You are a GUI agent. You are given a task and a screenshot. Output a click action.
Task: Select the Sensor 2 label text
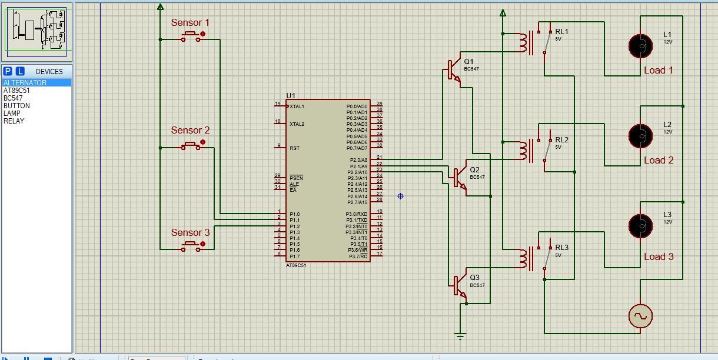pos(190,130)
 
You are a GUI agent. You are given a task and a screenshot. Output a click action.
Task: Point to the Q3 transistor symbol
pos(460,285)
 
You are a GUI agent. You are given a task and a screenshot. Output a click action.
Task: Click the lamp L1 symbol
pos(640,45)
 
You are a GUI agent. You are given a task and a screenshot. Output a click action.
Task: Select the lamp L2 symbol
pos(640,135)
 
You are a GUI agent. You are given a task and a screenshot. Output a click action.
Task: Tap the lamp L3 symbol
pos(640,225)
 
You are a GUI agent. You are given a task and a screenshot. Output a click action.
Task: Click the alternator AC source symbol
pos(640,316)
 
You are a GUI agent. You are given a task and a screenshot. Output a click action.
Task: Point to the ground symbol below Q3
pos(460,336)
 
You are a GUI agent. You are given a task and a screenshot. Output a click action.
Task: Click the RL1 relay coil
pos(521,42)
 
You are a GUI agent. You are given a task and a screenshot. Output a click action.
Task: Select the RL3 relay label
pos(561,248)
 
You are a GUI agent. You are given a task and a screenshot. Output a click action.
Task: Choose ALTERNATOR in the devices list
pos(25,83)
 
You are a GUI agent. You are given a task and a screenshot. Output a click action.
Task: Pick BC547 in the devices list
pos(13,98)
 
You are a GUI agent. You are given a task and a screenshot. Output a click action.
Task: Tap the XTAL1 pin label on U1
pos(297,106)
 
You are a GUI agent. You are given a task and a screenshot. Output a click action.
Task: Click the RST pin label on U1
pos(294,148)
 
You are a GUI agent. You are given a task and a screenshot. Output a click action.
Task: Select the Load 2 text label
pos(659,160)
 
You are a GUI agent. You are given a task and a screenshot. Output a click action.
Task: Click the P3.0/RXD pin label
pos(356,214)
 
